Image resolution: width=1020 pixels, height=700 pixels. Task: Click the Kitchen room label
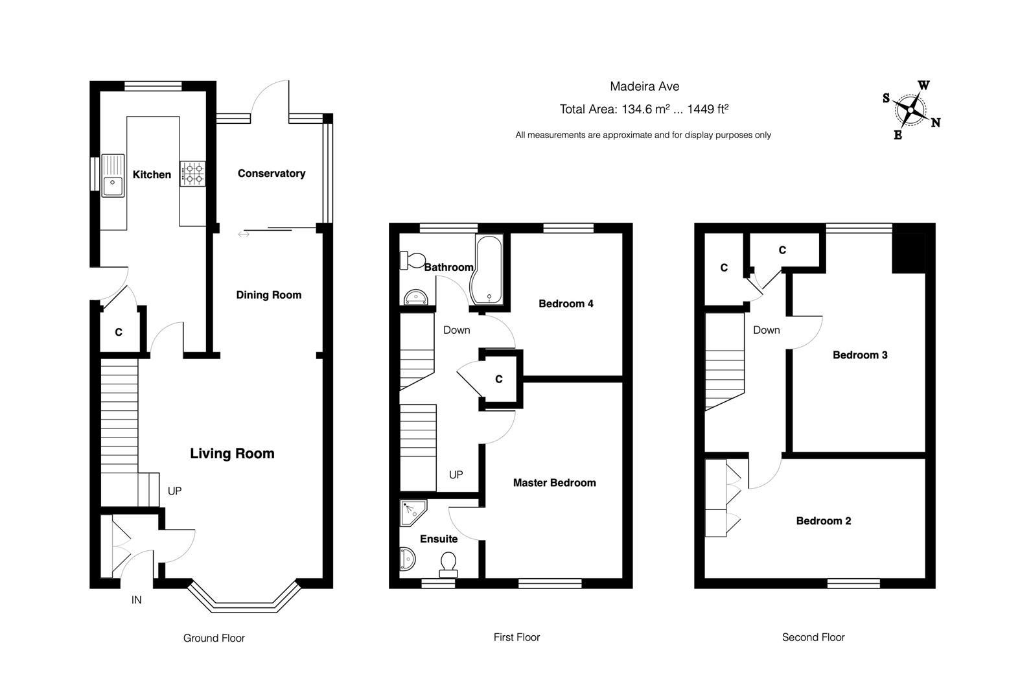(152, 174)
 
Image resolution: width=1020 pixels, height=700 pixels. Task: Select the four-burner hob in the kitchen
(193, 173)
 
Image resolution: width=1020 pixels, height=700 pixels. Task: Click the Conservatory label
(271, 173)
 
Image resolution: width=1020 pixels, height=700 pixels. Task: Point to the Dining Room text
(268, 295)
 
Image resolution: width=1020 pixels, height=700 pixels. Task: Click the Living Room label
(232, 454)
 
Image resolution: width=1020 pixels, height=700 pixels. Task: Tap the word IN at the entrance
(136, 600)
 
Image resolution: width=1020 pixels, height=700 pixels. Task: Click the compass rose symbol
(910, 111)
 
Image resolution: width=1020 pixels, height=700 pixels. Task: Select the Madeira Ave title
(644, 86)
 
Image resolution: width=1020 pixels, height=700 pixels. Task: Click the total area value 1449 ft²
(708, 109)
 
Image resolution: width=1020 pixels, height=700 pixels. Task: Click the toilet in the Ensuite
(448, 564)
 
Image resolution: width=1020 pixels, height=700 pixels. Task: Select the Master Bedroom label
(554, 483)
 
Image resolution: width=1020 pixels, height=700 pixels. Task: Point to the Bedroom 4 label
(566, 303)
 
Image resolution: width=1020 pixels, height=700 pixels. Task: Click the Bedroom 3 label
(860, 355)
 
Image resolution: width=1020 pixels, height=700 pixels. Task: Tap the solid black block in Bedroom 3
(908, 253)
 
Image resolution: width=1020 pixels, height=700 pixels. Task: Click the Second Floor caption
(813, 637)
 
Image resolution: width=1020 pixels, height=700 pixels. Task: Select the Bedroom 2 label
(824, 521)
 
